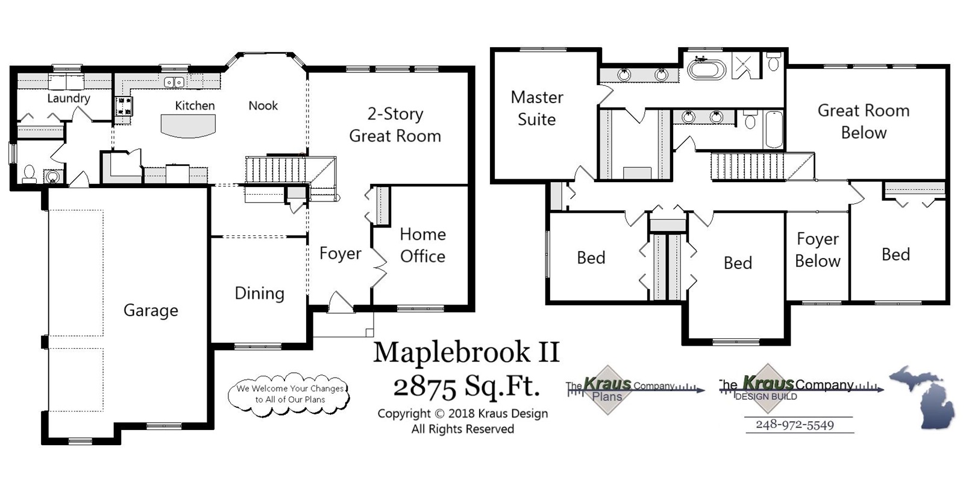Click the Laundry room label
[69, 98]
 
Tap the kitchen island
[188, 125]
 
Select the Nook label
[263, 106]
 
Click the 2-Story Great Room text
[395, 125]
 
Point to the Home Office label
[422, 245]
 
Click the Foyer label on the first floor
[340, 253]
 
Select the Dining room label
[259, 293]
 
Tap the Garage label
[151, 310]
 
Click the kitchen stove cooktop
[124, 106]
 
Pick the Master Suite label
[536, 108]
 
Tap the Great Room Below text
[863, 121]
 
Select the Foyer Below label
[817, 250]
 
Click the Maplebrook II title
[466, 352]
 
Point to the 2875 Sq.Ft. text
[466, 386]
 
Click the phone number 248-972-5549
[794, 425]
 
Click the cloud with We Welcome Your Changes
[289, 394]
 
